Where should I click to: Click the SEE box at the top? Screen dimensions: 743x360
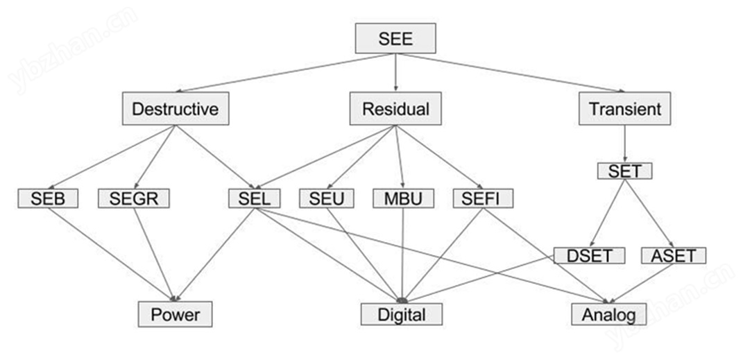point(395,38)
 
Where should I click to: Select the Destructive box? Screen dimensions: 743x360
point(176,108)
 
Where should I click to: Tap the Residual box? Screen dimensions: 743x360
point(395,108)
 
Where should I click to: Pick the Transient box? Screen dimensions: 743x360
point(624,108)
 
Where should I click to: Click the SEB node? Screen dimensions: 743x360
point(48,198)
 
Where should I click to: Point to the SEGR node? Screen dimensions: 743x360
point(134,198)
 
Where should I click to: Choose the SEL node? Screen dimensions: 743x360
point(254,198)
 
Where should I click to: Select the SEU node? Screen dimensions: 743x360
point(326,198)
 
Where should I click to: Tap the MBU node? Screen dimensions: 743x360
point(403,198)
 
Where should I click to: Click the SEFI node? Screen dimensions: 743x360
point(482,198)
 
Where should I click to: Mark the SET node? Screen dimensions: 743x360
point(624,171)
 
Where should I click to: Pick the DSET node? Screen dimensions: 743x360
point(589,256)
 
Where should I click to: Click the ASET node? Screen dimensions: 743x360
point(674,256)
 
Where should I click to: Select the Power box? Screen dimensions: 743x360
point(175,314)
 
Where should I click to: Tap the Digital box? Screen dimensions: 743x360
point(402,314)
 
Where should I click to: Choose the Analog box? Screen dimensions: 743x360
point(608,314)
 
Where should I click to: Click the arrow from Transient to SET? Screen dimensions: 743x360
point(624,144)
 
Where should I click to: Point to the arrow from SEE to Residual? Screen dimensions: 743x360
point(395,72)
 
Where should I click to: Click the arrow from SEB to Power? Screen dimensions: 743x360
point(112,255)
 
